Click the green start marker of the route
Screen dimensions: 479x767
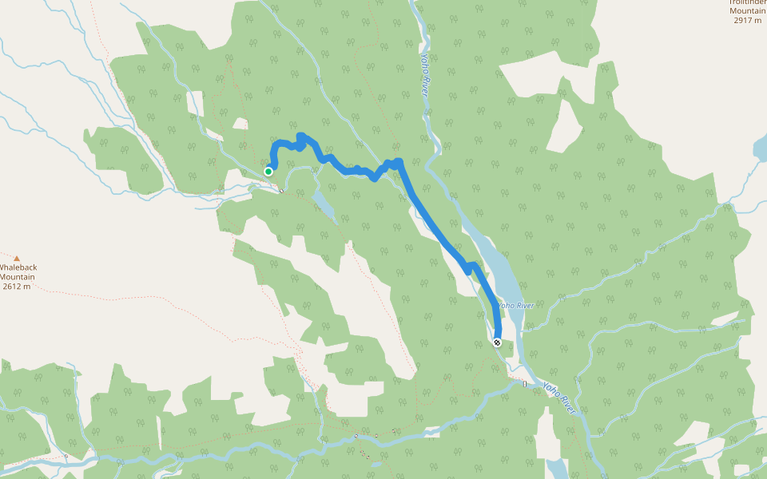(268, 171)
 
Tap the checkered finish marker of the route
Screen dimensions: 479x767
(497, 342)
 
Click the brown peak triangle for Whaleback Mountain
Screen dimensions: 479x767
(16, 258)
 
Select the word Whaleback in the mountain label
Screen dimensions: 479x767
(18, 267)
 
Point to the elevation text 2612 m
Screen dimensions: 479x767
(16, 287)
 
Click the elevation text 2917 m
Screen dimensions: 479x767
(749, 20)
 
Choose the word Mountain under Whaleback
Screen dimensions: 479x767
(18, 277)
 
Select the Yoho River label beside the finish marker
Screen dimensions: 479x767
(515, 305)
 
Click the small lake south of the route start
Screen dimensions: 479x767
(323, 203)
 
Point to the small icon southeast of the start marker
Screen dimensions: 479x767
(281, 190)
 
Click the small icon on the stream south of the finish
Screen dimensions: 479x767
(525, 384)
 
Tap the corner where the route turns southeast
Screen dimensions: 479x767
(399, 164)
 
